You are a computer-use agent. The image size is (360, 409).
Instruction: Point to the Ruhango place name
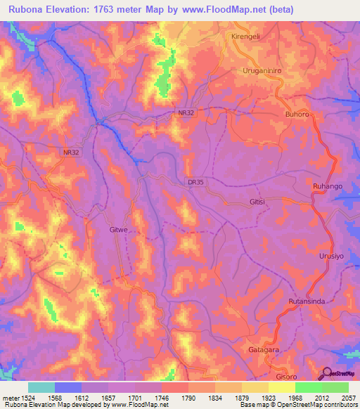(327, 186)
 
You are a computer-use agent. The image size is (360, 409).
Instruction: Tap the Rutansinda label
(306, 301)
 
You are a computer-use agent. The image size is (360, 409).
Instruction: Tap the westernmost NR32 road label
(72, 152)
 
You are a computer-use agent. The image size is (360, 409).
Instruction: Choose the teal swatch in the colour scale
(41, 387)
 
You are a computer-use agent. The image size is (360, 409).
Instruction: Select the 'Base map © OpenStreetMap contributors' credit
(297, 405)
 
